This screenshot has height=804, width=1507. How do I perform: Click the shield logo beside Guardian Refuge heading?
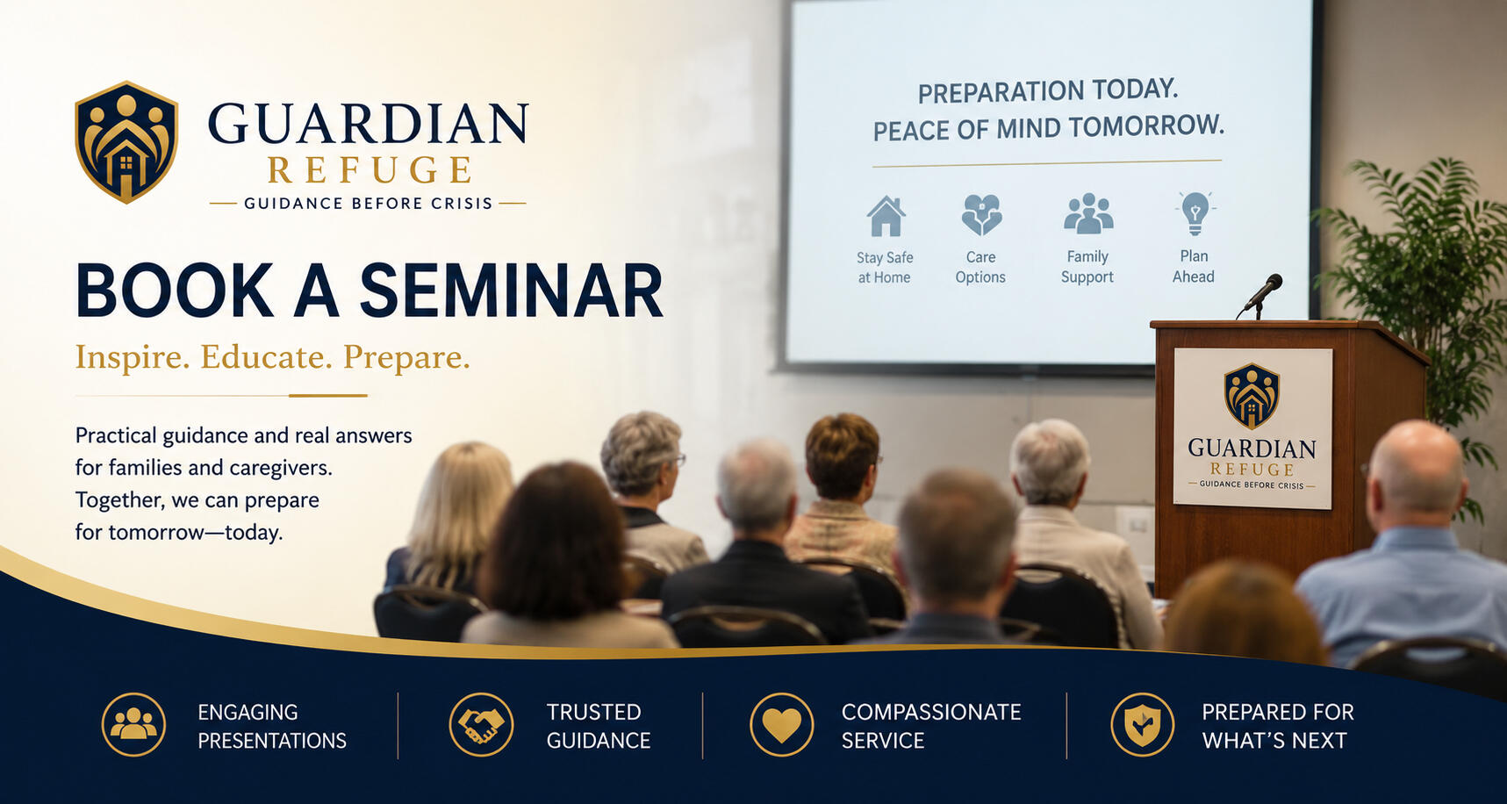click(x=126, y=142)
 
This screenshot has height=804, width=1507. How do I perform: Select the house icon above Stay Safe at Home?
click(x=886, y=216)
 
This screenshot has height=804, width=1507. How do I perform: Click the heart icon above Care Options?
click(x=981, y=215)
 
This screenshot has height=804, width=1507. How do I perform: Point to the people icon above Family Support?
click(x=1088, y=213)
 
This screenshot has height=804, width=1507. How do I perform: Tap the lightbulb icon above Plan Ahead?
click(x=1195, y=213)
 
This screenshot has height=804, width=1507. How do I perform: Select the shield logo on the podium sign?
click(x=1252, y=396)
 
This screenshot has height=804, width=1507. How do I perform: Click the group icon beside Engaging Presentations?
click(x=133, y=725)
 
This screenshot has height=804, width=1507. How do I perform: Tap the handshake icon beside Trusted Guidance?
click(x=481, y=725)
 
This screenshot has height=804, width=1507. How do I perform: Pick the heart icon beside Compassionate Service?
click(x=782, y=725)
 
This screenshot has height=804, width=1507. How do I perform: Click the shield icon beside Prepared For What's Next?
click(x=1143, y=725)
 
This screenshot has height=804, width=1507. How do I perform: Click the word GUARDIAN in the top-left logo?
click(x=369, y=124)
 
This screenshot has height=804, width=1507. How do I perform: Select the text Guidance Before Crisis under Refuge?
click(x=369, y=204)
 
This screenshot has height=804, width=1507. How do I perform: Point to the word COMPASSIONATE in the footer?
click(x=931, y=712)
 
